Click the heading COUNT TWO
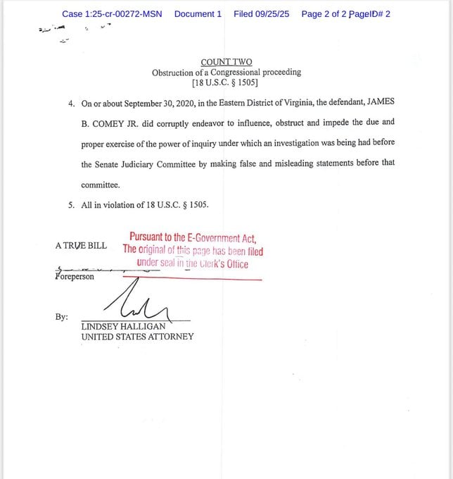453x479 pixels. click(x=226, y=62)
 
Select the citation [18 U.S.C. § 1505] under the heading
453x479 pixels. click(x=226, y=82)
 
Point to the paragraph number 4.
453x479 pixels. click(x=71, y=104)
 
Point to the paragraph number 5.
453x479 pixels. click(x=71, y=205)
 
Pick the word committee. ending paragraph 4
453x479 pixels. click(x=101, y=185)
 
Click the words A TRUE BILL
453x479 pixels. click(x=81, y=246)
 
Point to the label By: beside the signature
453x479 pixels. click(x=61, y=317)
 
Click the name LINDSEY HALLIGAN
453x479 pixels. click(x=123, y=327)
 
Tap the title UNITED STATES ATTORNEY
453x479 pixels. click(x=137, y=337)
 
